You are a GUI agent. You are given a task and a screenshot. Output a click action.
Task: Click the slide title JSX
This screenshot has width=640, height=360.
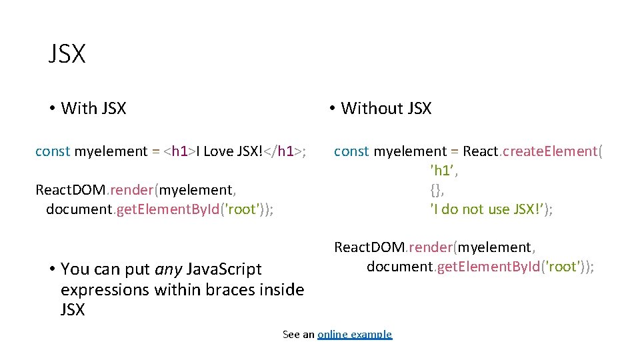tap(67, 54)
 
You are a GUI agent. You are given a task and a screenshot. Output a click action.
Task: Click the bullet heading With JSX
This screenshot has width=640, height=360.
tap(93, 108)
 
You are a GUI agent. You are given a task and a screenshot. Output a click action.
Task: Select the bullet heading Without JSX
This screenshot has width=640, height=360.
tap(385, 108)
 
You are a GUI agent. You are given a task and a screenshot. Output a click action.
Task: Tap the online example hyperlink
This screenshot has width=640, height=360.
tap(355, 334)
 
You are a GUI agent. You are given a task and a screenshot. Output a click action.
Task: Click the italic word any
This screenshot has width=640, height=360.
tap(168, 269)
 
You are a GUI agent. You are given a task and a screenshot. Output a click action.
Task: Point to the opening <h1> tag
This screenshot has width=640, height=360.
tap(179, 151)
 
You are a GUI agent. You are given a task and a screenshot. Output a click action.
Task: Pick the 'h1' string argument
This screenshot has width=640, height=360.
tap(444, 171)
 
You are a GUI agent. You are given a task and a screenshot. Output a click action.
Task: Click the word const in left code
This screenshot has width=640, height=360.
tap(53, 151)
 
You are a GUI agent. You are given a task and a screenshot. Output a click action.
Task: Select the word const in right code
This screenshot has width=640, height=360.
tap(351, 151)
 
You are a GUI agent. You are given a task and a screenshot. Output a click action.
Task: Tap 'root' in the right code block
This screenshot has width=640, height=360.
tap(563, 267)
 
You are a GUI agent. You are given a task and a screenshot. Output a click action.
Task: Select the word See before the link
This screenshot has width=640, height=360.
tap(291, 334)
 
